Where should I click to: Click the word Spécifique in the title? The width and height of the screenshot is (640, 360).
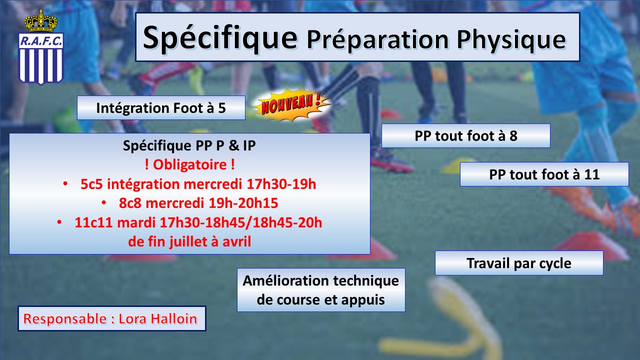tap(220, 38)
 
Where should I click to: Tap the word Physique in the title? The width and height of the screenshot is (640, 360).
tap(511, 40)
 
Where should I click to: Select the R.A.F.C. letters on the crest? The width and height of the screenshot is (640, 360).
tap(41, 41)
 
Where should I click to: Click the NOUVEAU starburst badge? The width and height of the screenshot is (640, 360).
tap(291, 105)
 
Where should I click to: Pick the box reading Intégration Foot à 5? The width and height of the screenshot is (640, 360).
tap(161, 107)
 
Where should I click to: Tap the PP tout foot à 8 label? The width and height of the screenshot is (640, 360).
tap(465, 135)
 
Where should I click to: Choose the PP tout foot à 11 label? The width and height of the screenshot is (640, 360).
tap(544, 174)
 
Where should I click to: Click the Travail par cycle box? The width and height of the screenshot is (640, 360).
tap(519, 263)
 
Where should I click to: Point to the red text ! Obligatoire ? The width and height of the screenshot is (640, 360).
tap(190, 164)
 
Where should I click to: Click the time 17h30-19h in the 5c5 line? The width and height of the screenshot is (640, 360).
tap(281, 184)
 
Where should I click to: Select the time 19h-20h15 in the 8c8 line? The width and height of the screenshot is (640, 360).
tap(243, 203)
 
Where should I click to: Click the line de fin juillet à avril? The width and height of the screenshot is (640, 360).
tap(189, 241)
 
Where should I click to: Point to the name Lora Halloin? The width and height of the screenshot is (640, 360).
tap(157, 319)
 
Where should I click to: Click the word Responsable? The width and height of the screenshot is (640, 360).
tap(65, 319)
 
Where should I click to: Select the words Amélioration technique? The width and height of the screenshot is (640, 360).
tap(321, 280)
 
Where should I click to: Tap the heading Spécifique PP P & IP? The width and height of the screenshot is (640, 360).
tap(189, 145)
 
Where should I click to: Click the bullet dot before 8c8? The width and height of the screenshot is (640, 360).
tap(104, 203)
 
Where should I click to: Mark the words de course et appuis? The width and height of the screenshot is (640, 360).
tap(321, 299)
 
